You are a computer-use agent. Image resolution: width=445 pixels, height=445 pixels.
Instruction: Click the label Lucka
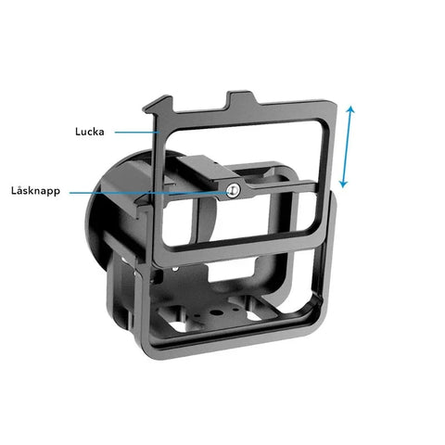click(x=90, y=132)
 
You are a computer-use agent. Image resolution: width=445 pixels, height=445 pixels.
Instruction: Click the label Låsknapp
click(x=35, y=191)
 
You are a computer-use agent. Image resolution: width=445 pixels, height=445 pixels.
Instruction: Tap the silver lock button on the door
click(x=233, y=190)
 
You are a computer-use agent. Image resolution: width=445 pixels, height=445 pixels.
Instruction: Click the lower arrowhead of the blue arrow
click(x=343, y=184)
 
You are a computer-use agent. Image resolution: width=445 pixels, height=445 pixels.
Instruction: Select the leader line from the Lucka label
click(x=137, y=133)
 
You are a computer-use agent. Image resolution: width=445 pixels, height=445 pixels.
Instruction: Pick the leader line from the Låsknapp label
click(x=149, y=193)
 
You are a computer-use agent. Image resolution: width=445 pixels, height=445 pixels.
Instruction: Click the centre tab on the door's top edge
click(x=242, y=99)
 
